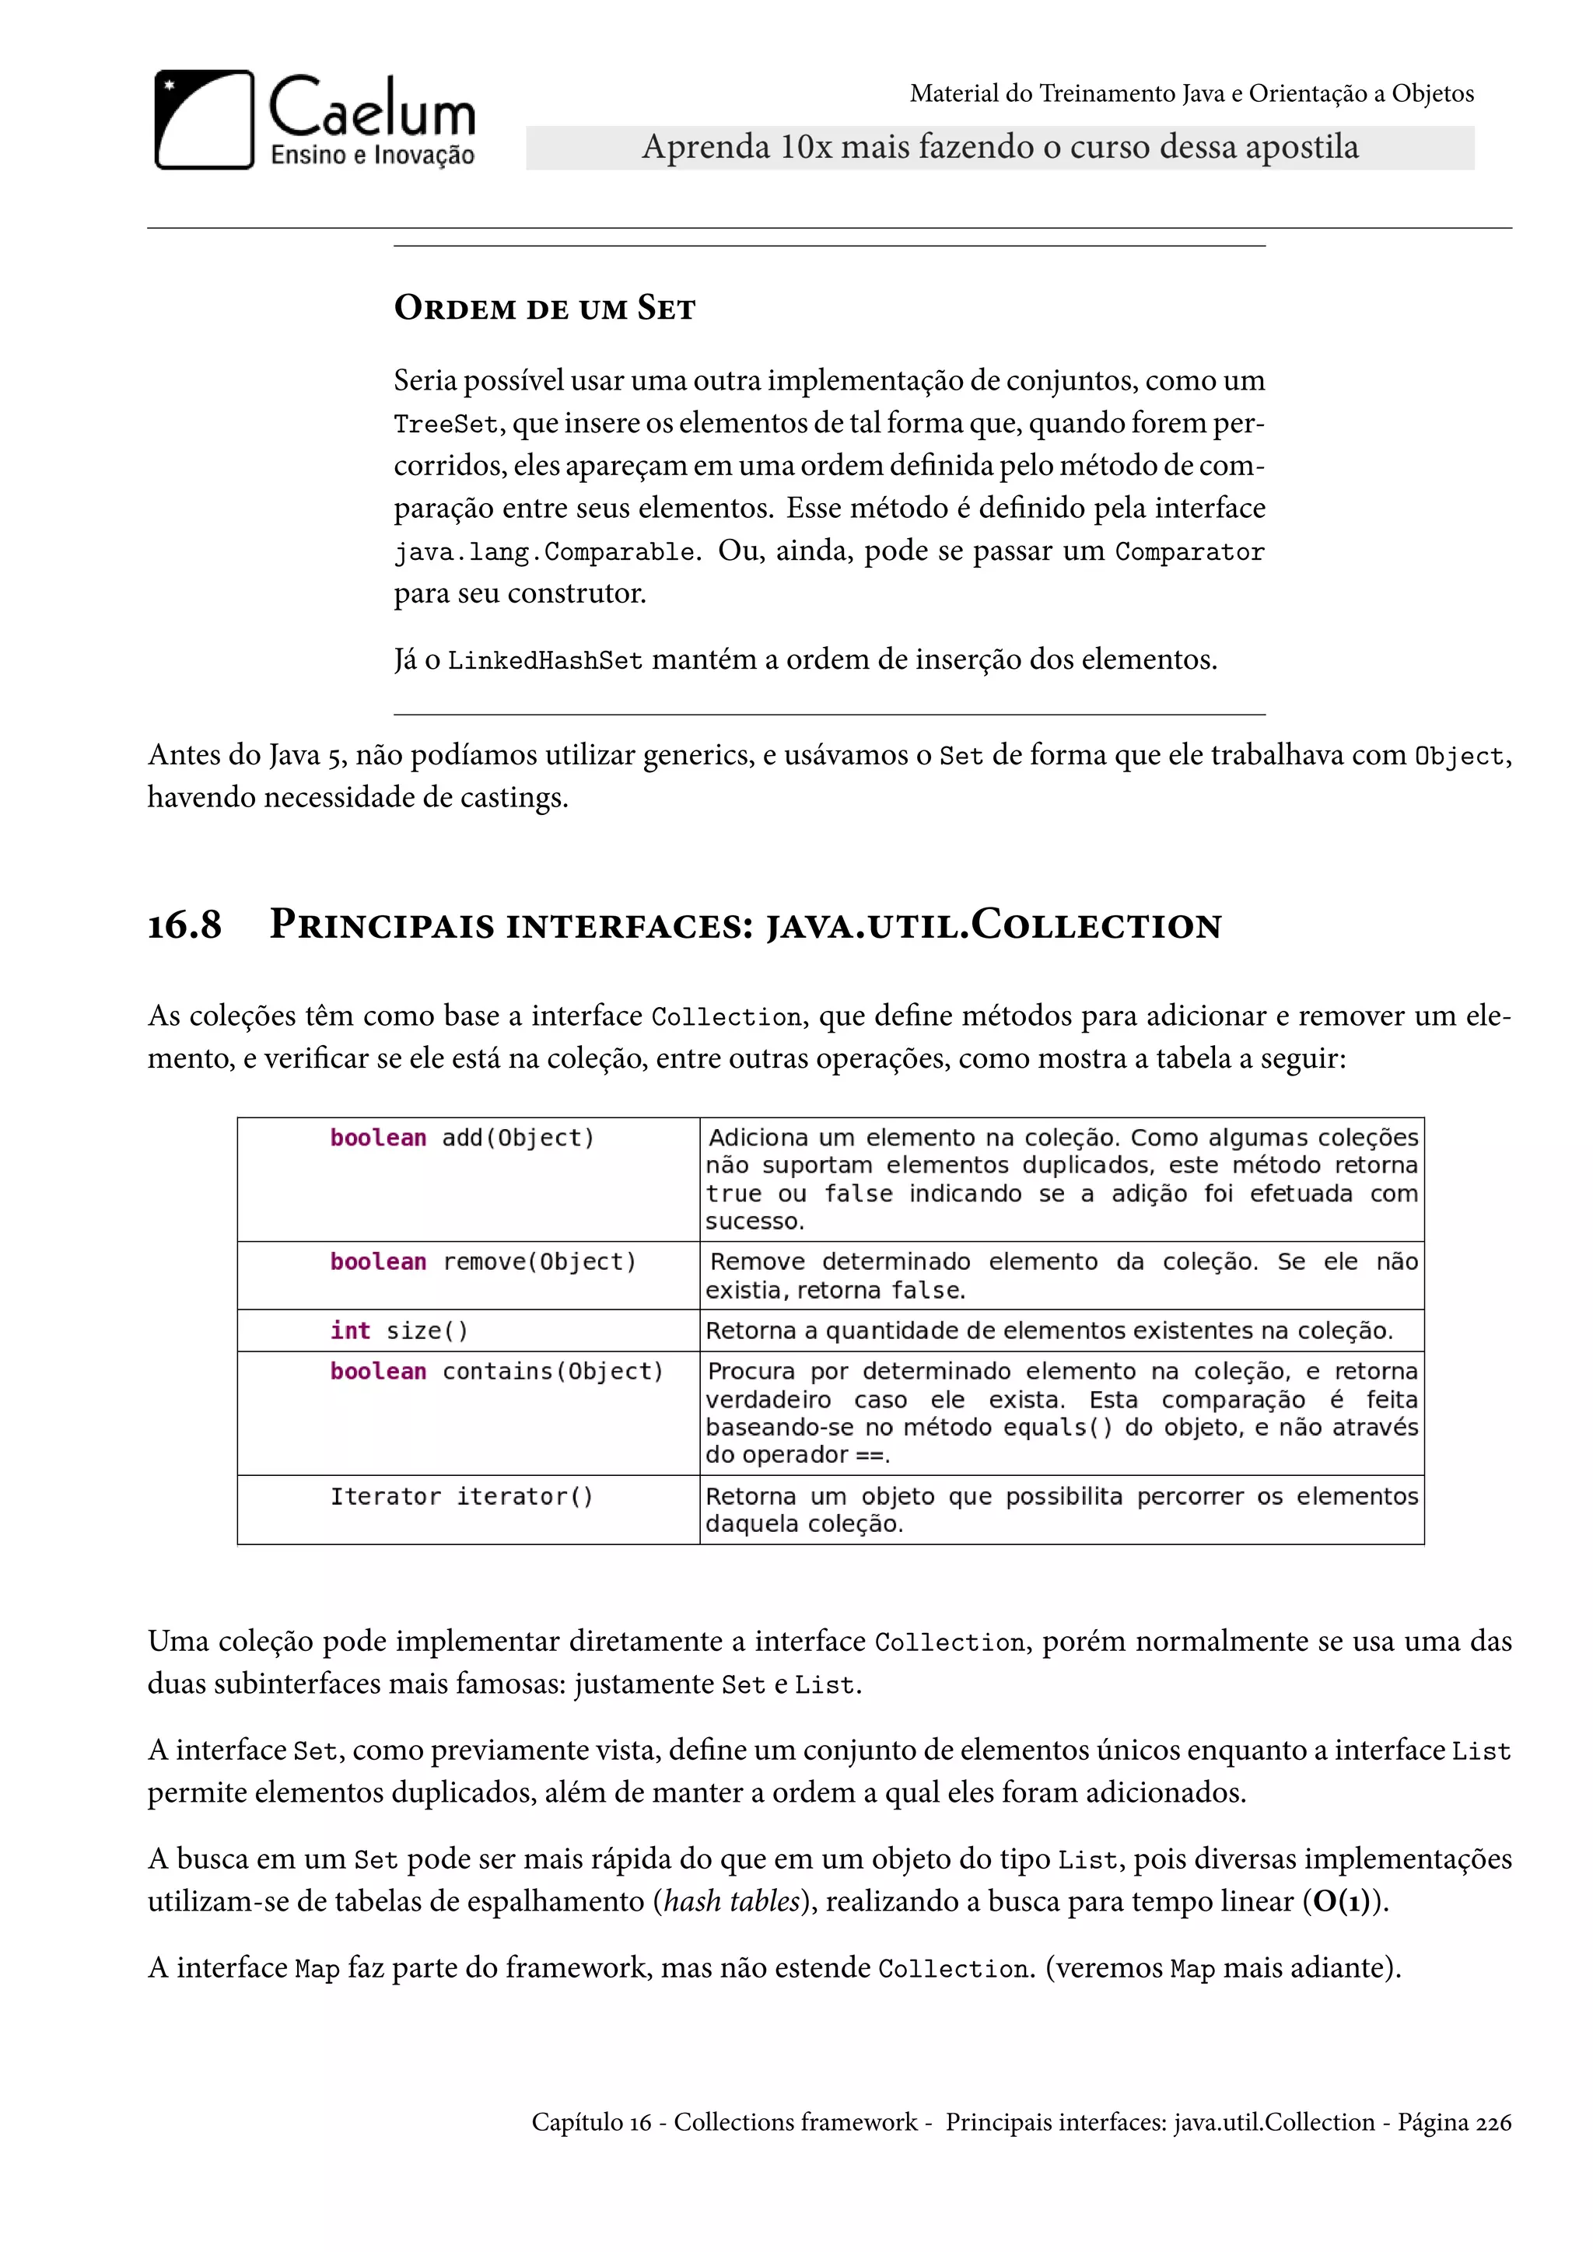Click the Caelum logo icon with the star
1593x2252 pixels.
tap(204, 120)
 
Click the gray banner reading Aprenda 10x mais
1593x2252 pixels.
tap(1000, 148)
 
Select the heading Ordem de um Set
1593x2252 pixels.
tap(544, 308)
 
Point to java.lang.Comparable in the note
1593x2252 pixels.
tap(544, 552)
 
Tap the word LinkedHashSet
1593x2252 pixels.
tap(544, 661)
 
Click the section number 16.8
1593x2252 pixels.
tap(184, 925)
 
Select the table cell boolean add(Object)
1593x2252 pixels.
tap(462, 1138)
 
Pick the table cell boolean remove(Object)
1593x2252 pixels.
tap(482, 1261)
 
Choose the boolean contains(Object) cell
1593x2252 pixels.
tap(496, 1371)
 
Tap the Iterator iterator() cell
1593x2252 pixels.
tap(461, 1497)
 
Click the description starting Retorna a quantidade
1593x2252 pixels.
tap(1048, 1331)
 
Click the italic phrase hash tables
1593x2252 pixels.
tap(732, 1902)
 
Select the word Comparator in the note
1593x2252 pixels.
tap(1189, 552)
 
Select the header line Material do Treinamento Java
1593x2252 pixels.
tap(1191, 94)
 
